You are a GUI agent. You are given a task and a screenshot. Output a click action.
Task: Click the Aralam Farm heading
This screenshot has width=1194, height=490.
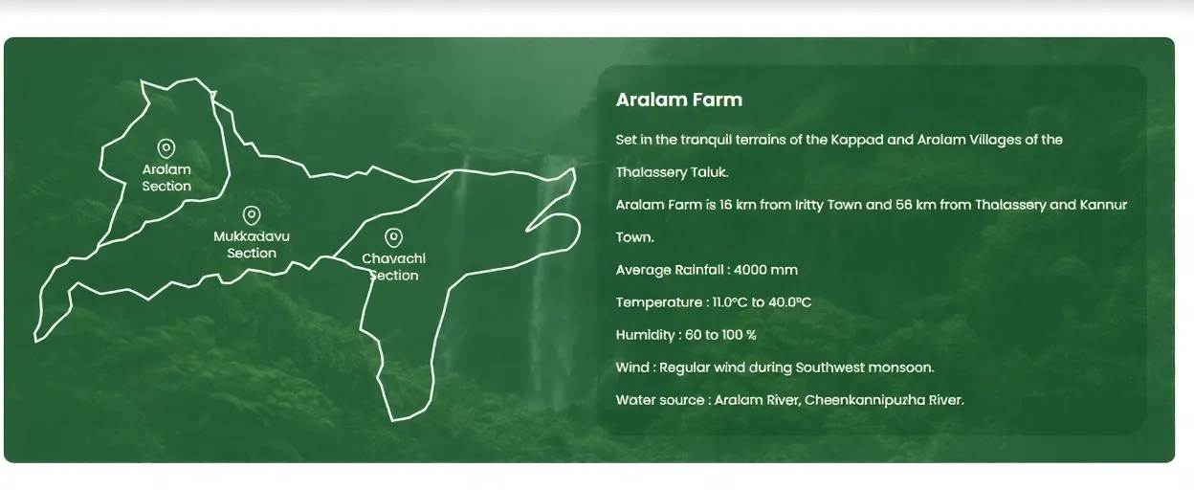tap(678, 100)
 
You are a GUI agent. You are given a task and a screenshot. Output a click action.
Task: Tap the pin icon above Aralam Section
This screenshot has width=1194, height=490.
tap(166, 148)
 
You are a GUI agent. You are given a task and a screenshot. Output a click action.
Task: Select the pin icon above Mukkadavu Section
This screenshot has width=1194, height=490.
tap(252, 215)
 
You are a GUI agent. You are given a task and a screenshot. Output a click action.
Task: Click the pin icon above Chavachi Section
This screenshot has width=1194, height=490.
tap(393, 237)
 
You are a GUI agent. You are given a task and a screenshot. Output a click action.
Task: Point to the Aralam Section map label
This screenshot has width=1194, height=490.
tap(166, 178)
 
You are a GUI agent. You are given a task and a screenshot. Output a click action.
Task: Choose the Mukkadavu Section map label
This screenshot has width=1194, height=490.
tap(252, 245)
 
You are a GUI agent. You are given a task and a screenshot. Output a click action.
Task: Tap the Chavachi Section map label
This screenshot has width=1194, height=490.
tap(393, 267)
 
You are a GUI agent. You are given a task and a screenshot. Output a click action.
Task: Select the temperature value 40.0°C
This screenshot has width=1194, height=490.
tap(789, 302)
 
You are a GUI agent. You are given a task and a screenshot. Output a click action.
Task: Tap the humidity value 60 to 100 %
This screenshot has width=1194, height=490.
tap(720, 335)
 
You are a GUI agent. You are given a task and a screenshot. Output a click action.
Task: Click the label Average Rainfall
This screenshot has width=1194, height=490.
tap(670, 270)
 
